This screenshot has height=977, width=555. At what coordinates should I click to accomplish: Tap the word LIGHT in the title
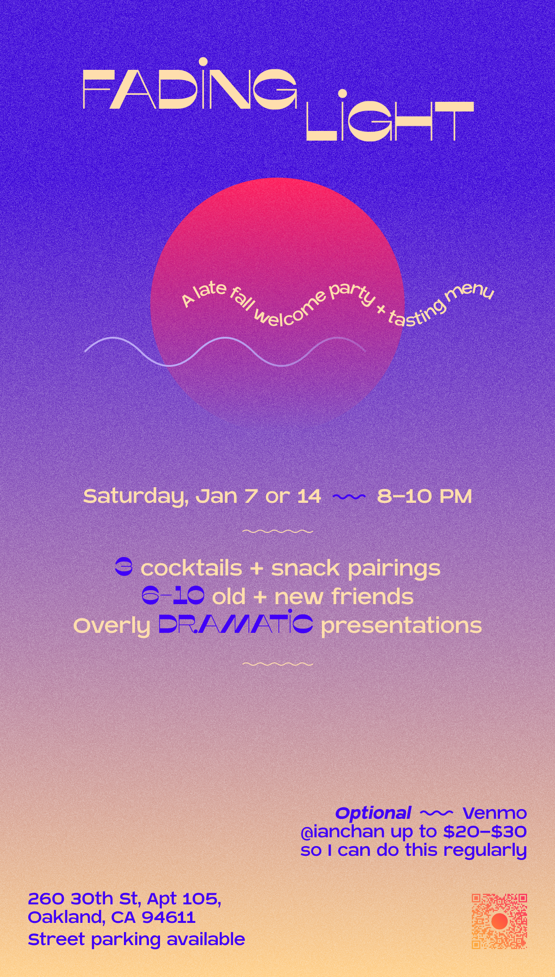[x=390, y=116]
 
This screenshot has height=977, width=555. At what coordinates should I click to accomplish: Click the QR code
[x=499, y=921]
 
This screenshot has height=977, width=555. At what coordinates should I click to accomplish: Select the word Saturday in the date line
[x=136, y=497]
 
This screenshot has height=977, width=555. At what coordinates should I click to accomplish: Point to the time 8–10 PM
[x=425, y=496]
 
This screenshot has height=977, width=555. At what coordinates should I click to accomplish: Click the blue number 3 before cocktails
[x=123, y=568]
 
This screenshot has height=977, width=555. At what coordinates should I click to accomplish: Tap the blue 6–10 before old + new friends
[x=173, y=596]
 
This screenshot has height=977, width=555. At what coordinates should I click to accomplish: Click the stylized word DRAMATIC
[x=236, y=623]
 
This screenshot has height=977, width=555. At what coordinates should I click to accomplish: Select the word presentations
[x=401, y=626]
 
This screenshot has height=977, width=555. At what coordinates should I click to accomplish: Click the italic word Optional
[x=373, y=813]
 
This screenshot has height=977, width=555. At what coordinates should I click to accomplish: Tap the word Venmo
[x=494, y=813]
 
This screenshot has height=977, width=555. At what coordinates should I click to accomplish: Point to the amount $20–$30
[x=485, y=831]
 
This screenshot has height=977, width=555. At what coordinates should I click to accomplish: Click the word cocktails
[x=191, y=568]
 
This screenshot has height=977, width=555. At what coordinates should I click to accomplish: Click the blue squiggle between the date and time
[x=349, y=497]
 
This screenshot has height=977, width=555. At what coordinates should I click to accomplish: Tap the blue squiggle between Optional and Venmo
[x=437, y=813]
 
